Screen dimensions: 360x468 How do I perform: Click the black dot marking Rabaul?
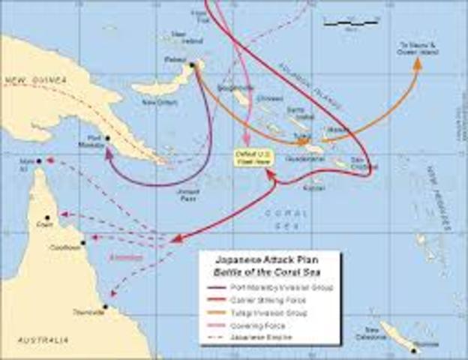[x=193, y=65]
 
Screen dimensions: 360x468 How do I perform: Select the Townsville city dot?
[x=106, y=307]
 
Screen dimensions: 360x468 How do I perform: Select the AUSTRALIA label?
[x=35, y=341]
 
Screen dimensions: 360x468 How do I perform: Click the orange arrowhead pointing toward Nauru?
[x=418, y=63]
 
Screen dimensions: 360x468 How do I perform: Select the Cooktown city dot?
[x=82, y=243]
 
